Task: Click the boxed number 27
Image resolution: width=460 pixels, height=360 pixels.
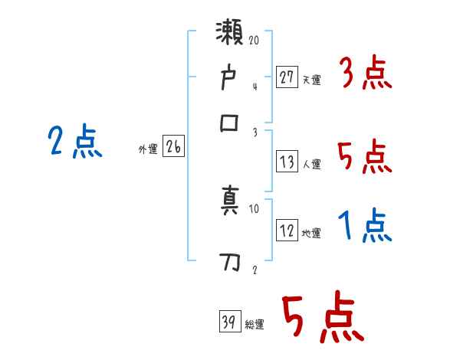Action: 287,77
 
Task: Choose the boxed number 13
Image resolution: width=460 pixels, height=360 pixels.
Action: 287,162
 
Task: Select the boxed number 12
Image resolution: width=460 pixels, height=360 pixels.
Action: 287,231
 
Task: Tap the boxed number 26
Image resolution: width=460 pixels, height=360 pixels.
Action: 173,148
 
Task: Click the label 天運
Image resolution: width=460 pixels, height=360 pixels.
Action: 311,80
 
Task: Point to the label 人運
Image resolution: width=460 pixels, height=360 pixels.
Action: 311,164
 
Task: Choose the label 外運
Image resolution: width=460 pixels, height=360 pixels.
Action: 147,150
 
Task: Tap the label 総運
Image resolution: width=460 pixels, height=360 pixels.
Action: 255,325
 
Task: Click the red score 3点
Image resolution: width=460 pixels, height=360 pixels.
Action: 365,75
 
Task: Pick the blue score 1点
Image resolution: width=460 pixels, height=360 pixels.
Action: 365,227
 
